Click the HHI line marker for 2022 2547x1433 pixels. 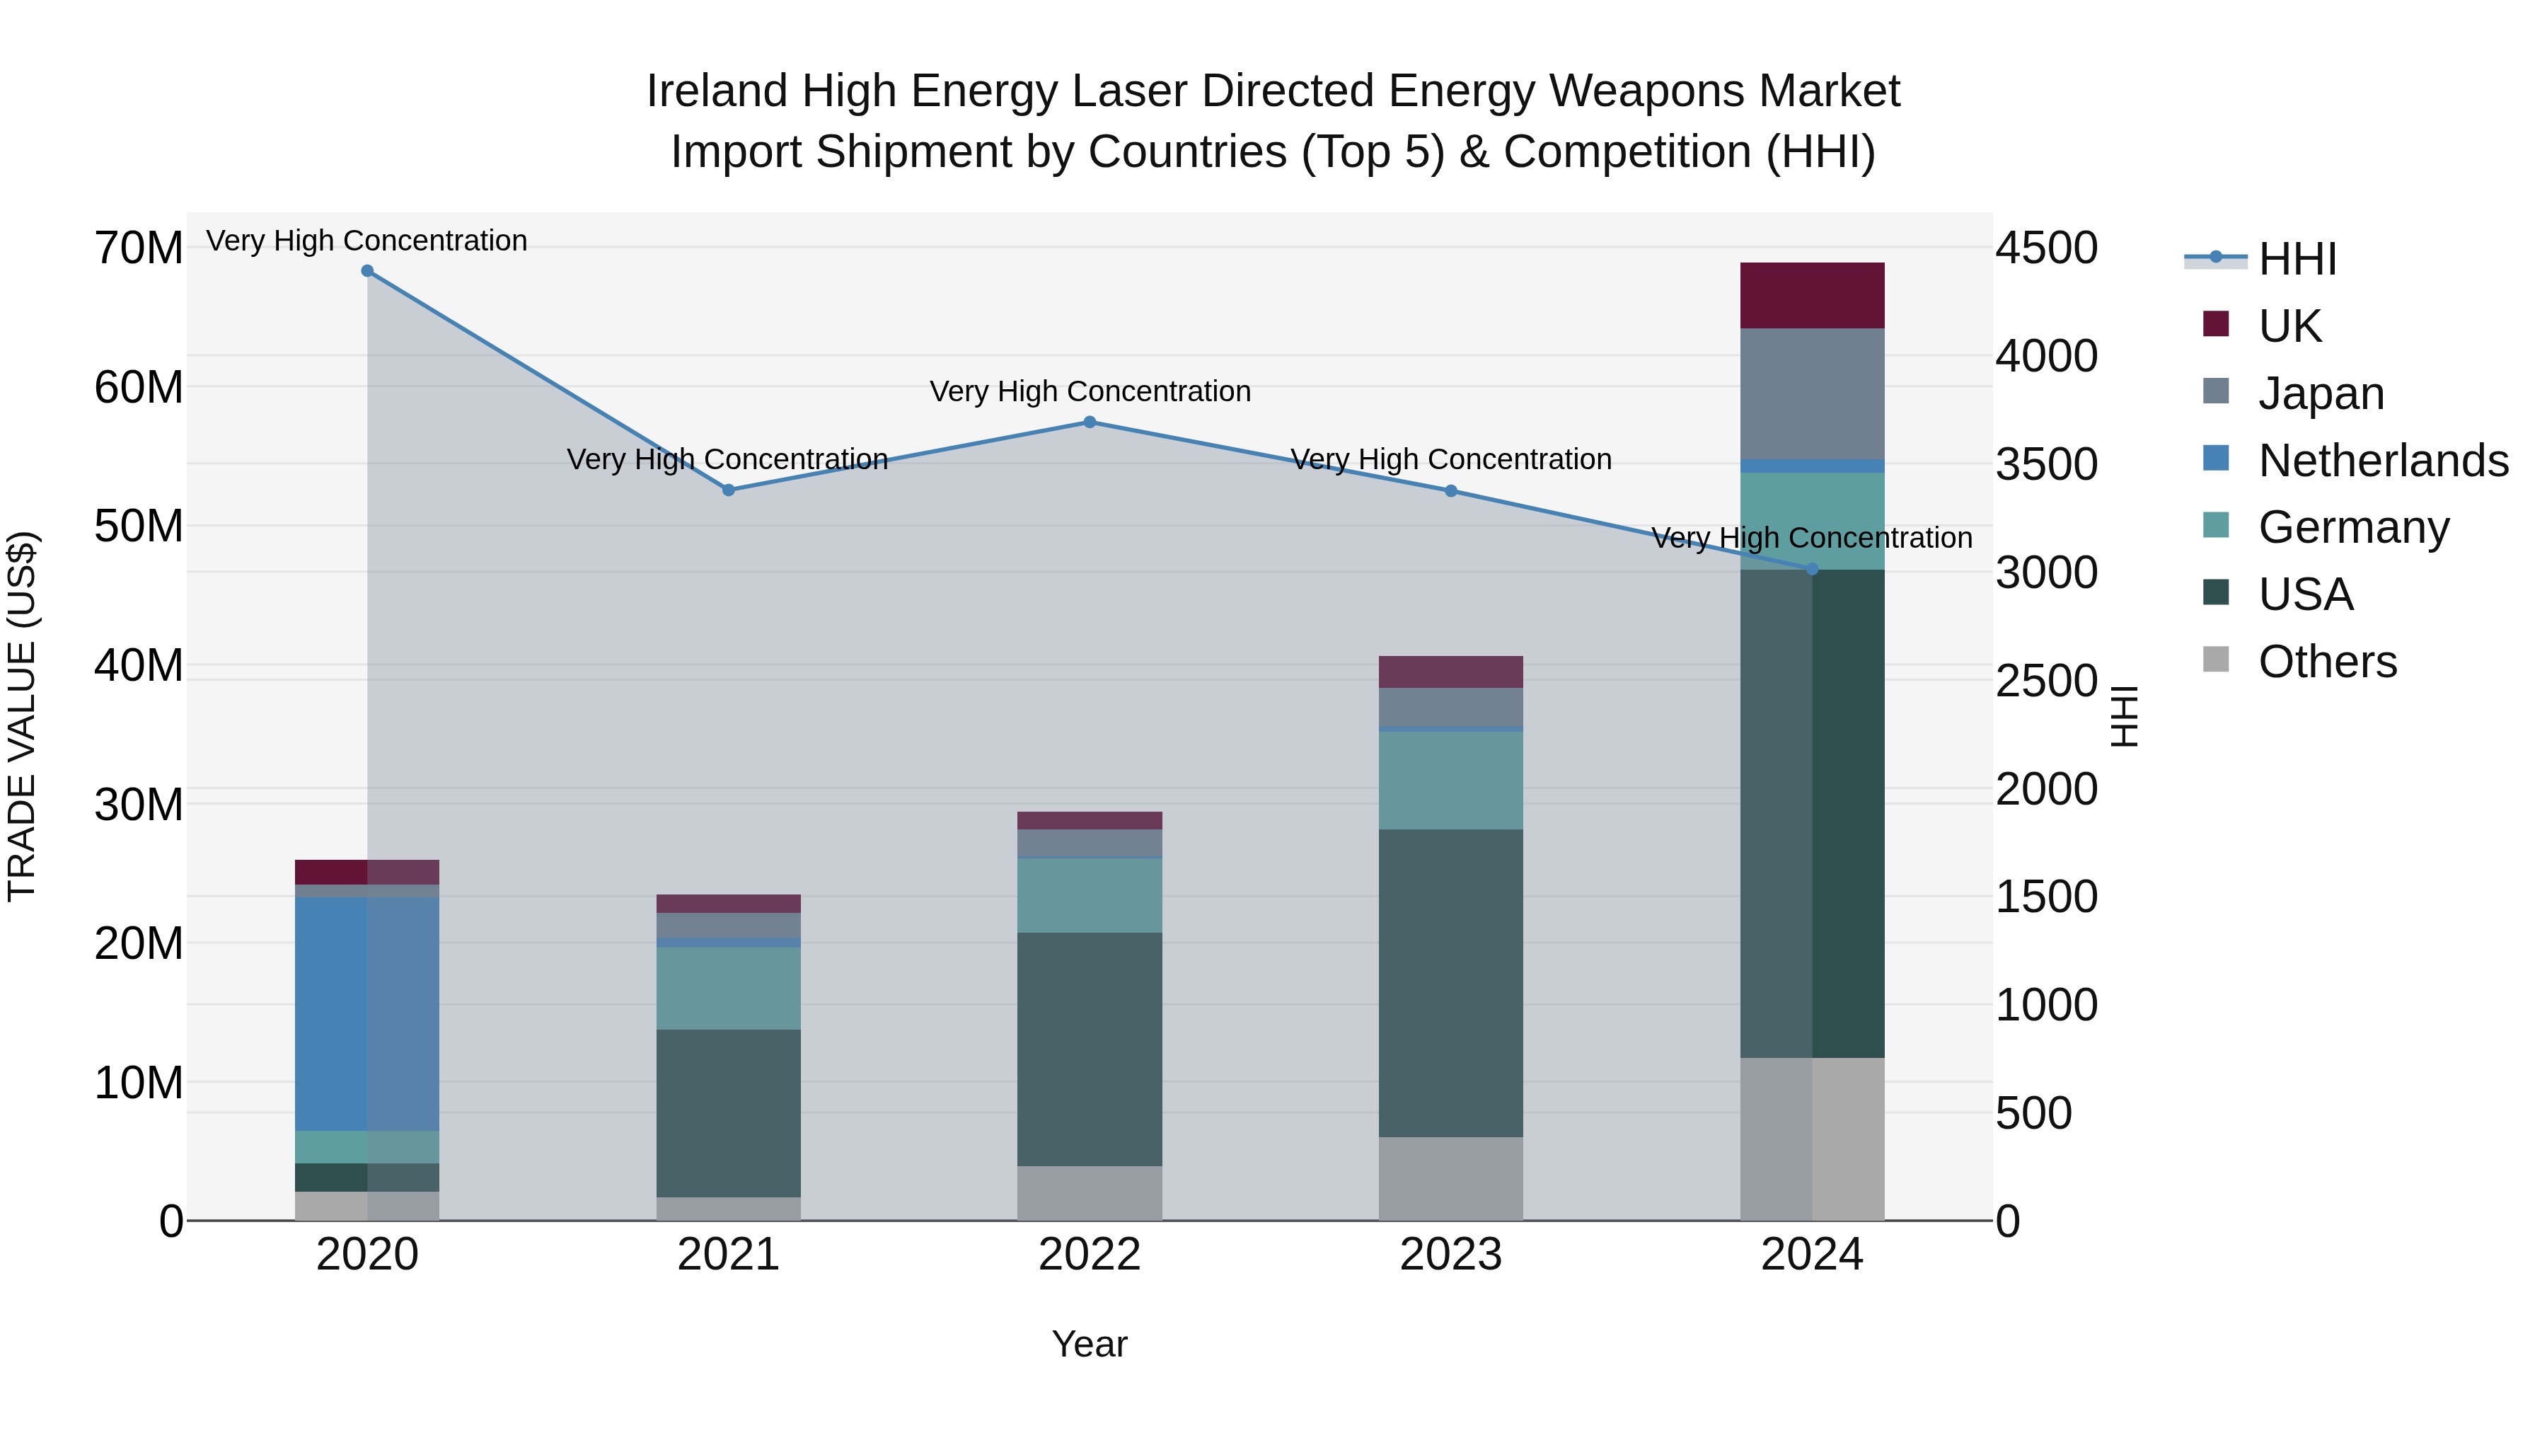point(1090,422)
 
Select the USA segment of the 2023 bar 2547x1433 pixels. point(1450,983)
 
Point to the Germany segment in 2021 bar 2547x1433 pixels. point(729,988)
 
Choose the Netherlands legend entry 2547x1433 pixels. point(2383,461)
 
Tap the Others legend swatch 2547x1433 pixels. point(2216,659)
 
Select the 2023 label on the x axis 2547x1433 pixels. point(1450,1255)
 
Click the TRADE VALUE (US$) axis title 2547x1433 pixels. point(22,716)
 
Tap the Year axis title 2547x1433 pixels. point(1090,1344)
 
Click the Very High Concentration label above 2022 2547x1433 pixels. point(1090,391)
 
